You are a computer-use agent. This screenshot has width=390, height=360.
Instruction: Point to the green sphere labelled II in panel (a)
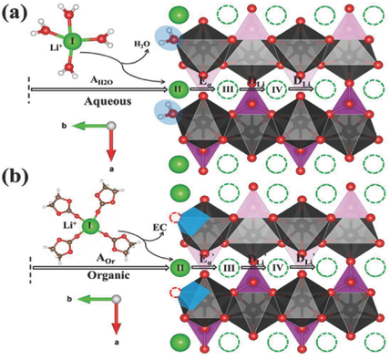179,88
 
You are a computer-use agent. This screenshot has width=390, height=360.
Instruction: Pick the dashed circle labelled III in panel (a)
229,88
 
